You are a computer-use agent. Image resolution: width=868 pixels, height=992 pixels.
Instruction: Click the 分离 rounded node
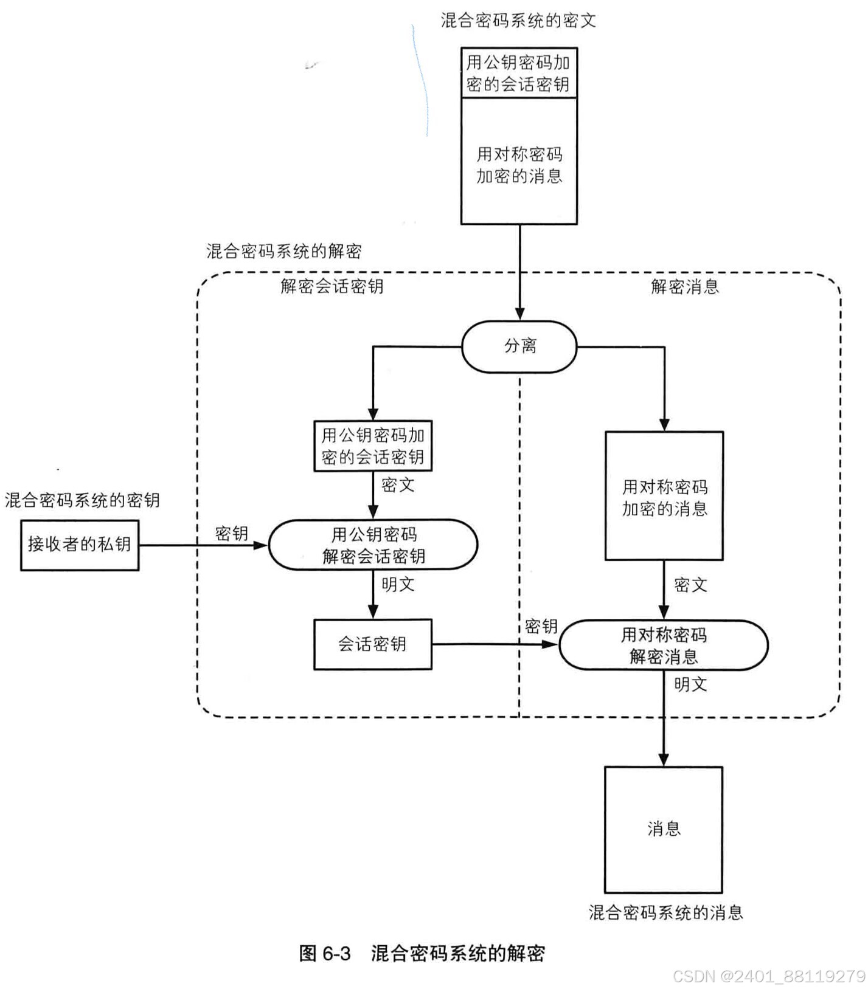519,346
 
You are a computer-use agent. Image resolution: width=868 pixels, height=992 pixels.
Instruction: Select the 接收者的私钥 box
80,545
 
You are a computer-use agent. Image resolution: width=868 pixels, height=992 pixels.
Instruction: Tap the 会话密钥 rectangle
372,644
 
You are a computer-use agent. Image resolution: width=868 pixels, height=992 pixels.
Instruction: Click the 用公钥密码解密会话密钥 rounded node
373,545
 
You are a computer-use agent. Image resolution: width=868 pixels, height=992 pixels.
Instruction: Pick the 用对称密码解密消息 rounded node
663,645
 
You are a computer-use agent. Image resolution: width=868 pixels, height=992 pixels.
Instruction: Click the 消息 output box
663,829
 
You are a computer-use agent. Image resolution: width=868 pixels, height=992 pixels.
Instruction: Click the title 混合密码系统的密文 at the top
518,21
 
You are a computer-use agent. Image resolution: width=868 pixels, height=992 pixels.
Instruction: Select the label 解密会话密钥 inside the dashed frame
332,286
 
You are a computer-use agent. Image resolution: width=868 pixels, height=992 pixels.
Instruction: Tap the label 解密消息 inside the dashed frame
684,286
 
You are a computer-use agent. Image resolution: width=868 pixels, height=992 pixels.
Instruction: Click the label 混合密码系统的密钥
82,500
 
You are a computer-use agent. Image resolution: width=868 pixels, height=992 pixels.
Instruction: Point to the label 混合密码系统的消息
665,912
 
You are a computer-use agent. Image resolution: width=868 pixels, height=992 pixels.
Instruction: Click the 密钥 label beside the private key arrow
232,533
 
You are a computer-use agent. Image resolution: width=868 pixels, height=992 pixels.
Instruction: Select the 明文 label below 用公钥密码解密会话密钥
398,585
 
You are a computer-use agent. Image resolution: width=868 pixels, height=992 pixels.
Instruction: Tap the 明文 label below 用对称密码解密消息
690,684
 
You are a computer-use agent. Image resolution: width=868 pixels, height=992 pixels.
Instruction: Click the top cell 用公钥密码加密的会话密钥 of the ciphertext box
518,73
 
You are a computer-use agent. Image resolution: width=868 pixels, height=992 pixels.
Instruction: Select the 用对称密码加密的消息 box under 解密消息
664,496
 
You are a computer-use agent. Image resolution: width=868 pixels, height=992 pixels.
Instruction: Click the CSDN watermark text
769,976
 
